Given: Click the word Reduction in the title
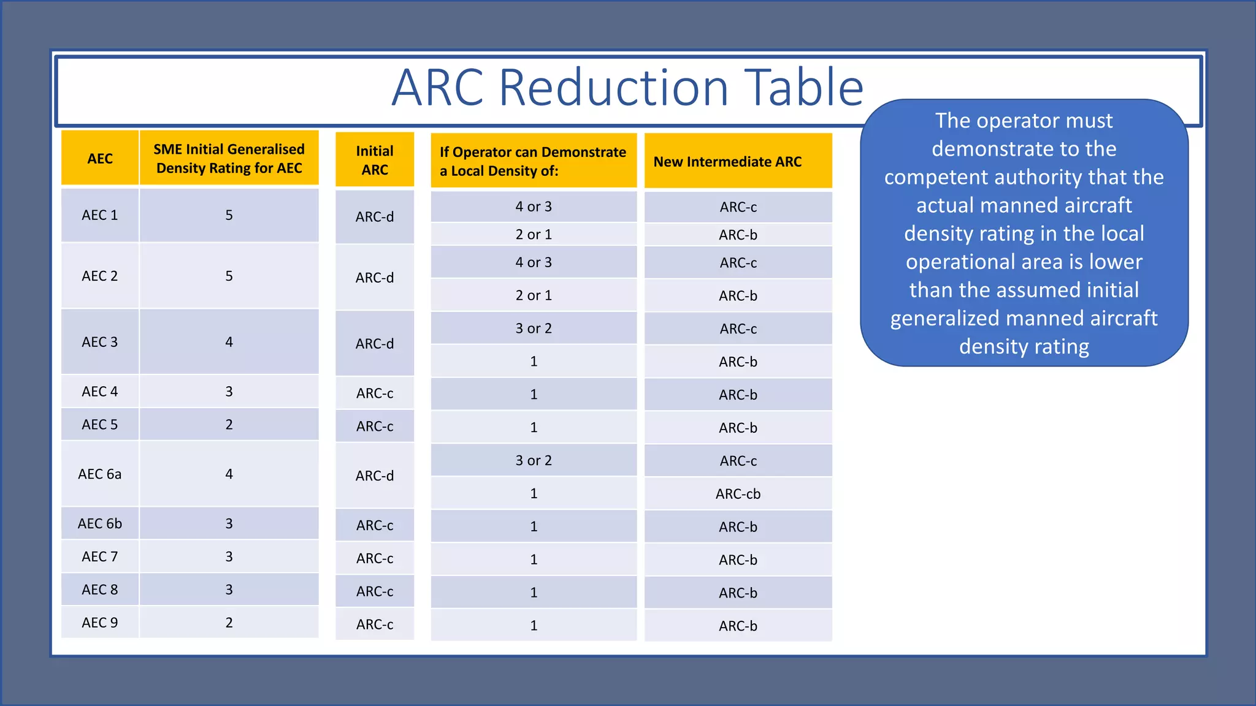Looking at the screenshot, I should point(614,88).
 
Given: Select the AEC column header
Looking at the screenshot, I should point(100,159).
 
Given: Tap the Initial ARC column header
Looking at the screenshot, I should point(375,160).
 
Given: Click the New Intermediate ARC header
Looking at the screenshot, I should point(727,162).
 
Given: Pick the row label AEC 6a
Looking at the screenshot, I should point(100,474).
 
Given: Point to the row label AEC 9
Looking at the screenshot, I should point(100,623).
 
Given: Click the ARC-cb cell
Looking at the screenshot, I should point(738,494).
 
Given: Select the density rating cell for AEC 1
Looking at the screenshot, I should point(229,215).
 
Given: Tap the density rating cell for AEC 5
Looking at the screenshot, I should point(229,425).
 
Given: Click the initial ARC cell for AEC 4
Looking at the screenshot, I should point(375,393).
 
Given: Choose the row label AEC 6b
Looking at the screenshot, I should point(100,523).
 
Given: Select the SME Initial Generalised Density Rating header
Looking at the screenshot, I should point(229,159).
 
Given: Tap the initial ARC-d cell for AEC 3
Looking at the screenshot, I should point(375,344).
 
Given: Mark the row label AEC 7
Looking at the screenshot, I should point(100,556).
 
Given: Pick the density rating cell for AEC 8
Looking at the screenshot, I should point(229,590).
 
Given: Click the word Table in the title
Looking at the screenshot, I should point(803,88).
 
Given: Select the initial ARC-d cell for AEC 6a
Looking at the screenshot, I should point(375,476).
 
